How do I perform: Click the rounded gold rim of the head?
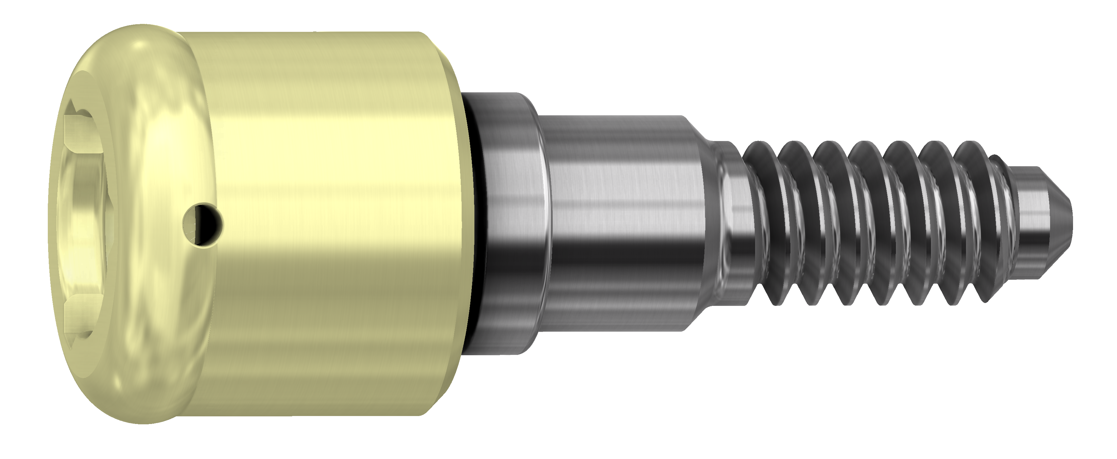[173, 130]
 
